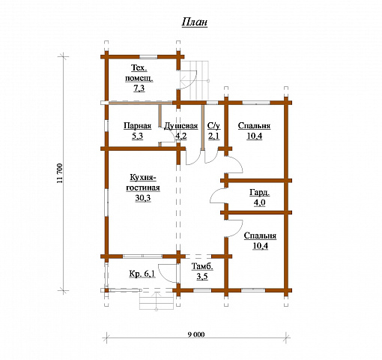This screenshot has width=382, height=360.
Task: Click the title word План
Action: coord(195,22)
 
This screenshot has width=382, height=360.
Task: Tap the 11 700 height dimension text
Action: coord(60,173)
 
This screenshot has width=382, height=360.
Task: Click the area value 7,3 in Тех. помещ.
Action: coord(139,88)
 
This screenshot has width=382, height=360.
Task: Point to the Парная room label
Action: coord(138,126)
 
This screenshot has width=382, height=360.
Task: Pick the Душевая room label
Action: coord(181,126)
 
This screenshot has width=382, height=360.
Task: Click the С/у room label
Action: coord(214,126)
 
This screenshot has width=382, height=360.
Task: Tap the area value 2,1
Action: coord(214,136)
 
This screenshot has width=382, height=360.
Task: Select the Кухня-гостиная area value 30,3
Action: coord(143,198)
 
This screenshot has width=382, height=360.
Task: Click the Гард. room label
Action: coord(260,193)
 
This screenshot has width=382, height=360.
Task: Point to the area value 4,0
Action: coord(260,202)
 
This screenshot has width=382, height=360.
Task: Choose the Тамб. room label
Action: coord(202,266)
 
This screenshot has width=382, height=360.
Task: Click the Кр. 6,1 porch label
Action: coord(142,274)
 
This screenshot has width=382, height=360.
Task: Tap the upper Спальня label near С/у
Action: coord(254,126)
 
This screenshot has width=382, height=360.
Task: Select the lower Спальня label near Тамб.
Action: coord(260,235)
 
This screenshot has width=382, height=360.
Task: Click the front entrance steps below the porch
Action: coord(157,301)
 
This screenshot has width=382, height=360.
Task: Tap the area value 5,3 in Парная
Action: coord(137,136)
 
